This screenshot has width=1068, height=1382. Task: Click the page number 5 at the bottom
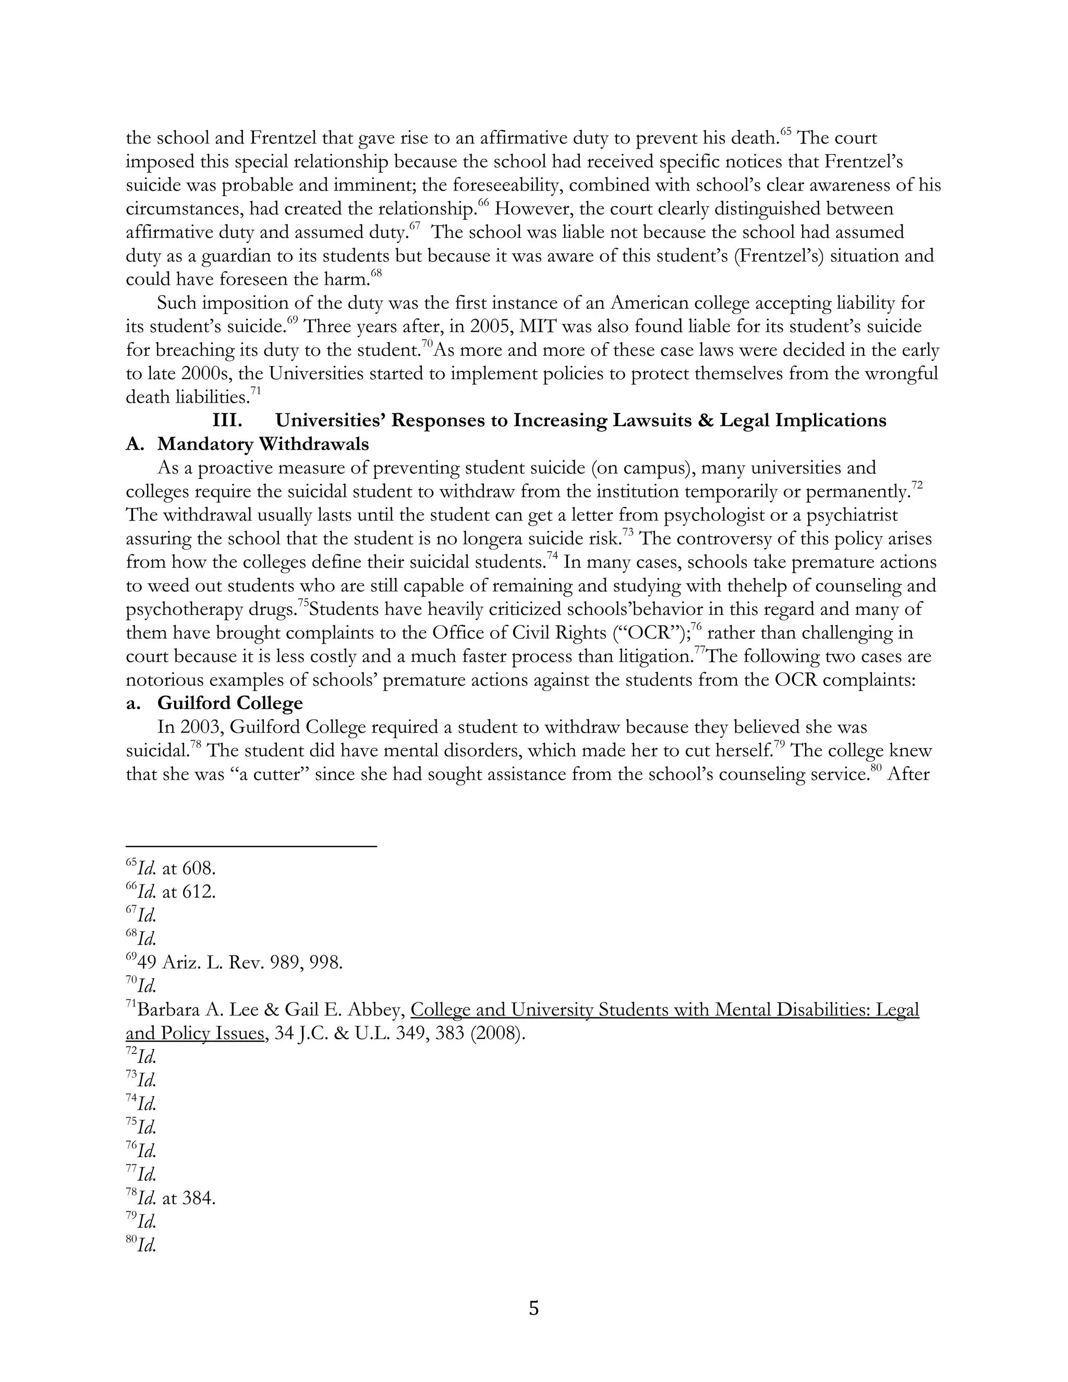533,1308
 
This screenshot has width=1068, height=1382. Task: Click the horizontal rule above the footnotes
251,845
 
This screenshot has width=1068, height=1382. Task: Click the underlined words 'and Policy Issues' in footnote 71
194,1034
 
